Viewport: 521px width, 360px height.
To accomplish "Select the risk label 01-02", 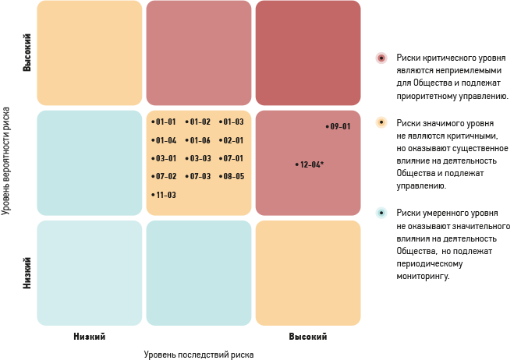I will (199, 122).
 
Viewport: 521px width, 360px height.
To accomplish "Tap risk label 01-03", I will (232, 122).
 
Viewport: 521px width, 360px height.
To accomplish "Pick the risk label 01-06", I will (199, 141).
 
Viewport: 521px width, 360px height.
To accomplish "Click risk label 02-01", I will (232, 141).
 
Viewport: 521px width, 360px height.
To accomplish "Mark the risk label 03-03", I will (199, 159).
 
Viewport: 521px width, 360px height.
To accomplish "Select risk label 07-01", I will (232, 159).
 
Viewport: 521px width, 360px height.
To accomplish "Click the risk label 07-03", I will (199, 177).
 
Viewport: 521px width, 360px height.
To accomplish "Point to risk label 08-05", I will (232, 177).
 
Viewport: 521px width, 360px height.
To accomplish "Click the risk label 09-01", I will (338, 126).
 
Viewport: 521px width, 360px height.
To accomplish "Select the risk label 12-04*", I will (310, 164).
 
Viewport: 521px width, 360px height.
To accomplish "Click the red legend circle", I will (381, 58).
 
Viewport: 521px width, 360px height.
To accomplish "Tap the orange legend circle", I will (381, 122).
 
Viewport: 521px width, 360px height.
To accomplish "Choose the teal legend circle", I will (381, 212).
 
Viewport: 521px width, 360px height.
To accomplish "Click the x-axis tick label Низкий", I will (89, 337).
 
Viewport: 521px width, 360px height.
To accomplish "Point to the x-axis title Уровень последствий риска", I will (198, 354).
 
